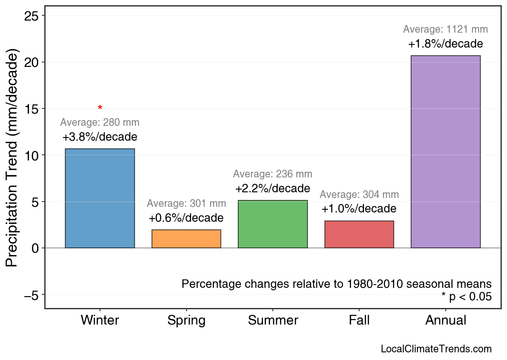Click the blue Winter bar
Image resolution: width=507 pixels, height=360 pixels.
[x=100, y=198]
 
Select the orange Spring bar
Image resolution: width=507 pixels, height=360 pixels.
[x=186, y=239]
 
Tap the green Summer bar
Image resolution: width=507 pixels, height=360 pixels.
[x=272, y=224]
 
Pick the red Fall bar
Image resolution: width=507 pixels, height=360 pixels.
[x=359, y=234]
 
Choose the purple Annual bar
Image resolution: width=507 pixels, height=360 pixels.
[x=445, y=152]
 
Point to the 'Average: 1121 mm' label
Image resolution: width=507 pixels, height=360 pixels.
[x=445, y=29]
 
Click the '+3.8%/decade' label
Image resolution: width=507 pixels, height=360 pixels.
[x=100, y=137]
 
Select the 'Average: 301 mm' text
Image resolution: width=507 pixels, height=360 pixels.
[x=186, y=204]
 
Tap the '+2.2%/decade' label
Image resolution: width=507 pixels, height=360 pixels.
[x=272, y=189]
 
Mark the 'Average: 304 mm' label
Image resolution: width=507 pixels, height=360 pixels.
[x=359, y=195]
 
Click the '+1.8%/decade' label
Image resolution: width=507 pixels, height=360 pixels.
[x=445, y=44]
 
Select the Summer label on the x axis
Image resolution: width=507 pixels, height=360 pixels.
[x=273, y=320]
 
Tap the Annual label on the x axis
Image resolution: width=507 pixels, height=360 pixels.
[x=446, y=320]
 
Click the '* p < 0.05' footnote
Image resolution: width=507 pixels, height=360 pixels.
[x=466, y=297]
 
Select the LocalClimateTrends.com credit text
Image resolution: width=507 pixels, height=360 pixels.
[x=436, y=349]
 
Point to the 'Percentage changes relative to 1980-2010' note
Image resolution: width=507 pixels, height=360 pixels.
[x=337, y=284]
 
